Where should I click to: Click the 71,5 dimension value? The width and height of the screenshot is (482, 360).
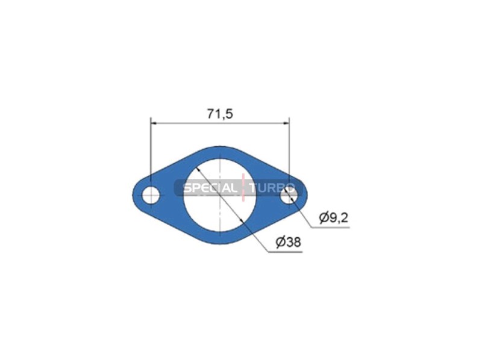220,113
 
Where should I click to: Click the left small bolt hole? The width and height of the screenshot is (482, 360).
151,195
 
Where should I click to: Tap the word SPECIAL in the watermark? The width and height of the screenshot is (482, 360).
210,188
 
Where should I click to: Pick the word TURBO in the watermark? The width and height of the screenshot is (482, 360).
270,188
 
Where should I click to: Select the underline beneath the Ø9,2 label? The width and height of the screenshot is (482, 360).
331,228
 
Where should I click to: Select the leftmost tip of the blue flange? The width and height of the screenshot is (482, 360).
133,195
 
